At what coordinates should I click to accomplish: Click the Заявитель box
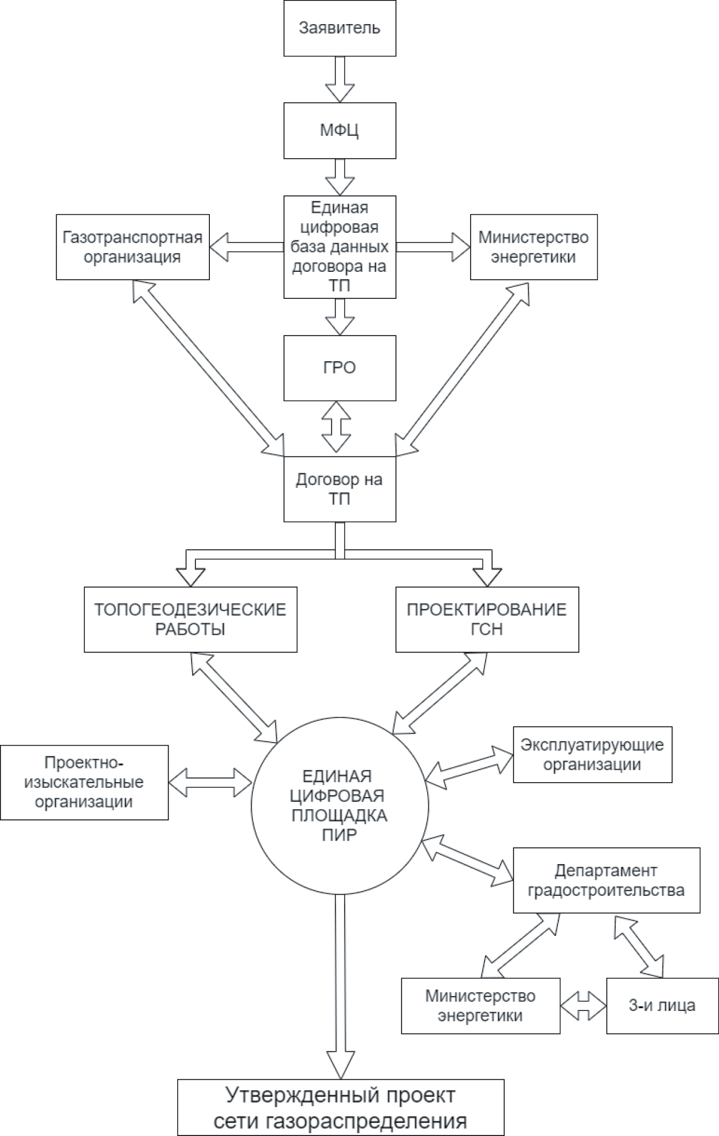339,28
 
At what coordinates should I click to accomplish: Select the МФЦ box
339,131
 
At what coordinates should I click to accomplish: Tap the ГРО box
339,368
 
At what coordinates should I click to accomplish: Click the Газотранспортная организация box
132,247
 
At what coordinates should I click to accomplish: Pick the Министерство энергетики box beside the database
533,247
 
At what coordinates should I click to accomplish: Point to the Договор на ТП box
339,489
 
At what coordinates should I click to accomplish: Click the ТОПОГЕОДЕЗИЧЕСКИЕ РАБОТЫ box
190,619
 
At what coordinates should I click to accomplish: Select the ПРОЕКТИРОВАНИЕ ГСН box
487,619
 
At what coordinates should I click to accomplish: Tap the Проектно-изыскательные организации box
84,782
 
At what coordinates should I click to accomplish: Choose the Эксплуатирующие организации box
592,755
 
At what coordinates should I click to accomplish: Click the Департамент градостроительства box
606,880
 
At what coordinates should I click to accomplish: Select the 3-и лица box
662,1005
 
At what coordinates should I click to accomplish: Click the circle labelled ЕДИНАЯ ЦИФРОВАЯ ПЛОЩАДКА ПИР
339,805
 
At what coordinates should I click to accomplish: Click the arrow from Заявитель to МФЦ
339,79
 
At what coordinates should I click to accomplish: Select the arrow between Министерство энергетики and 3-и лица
583,1005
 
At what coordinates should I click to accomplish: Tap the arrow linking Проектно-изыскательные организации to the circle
210,782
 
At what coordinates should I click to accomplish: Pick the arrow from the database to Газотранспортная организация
247,247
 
